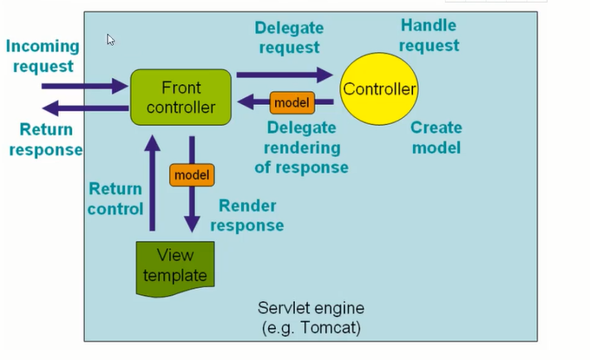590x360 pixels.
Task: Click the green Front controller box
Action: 180,96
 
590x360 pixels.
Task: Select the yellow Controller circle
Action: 379,88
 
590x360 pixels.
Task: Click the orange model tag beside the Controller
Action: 291,102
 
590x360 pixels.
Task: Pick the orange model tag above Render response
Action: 192,174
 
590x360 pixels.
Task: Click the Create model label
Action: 436,137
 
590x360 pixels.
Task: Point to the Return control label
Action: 115,198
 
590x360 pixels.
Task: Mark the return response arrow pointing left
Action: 84,108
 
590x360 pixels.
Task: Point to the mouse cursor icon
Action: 111,39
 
